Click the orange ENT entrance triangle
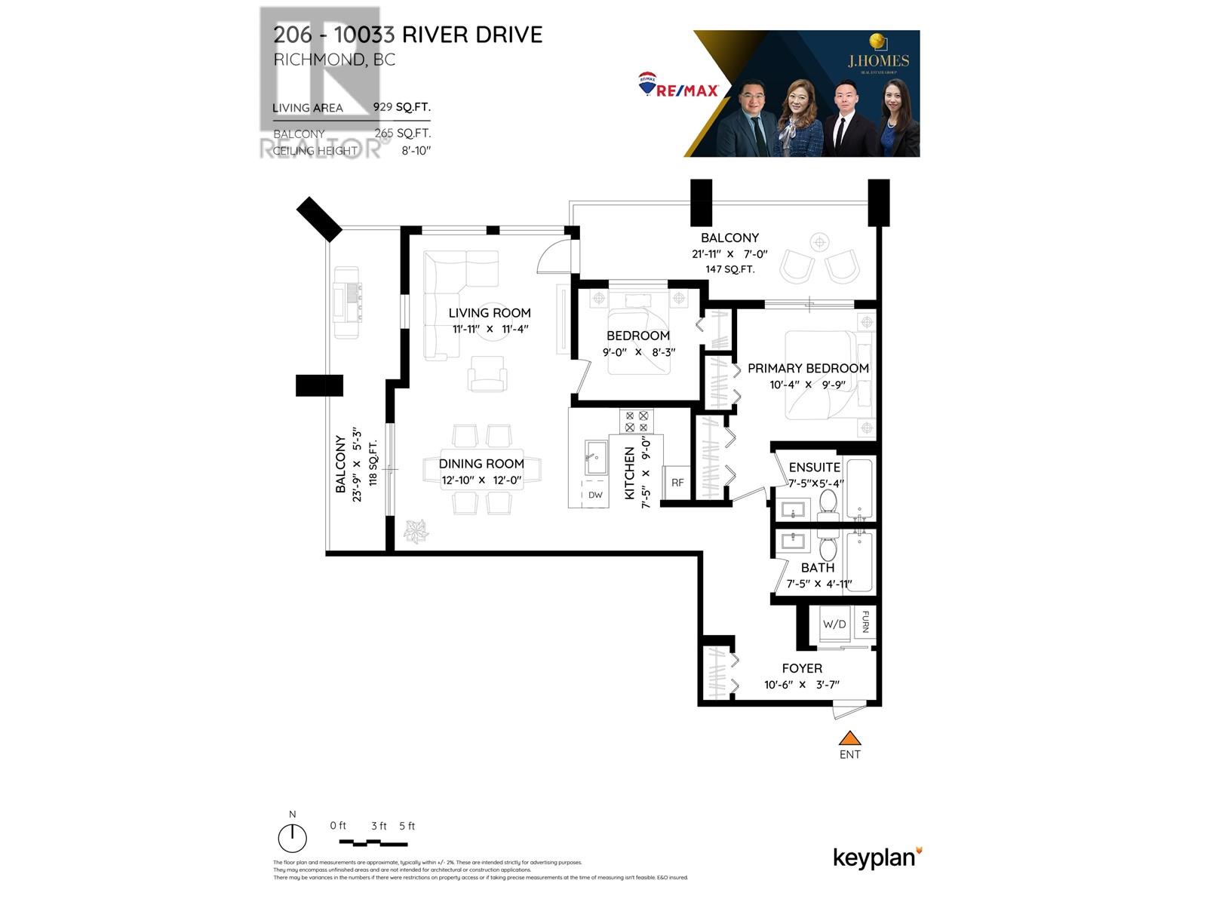[x=850, y=738]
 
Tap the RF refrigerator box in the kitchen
[x=677, y=483]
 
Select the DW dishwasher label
[x=595, y=495]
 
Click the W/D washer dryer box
[x=834, y=624]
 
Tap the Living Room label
[x=490, y=312]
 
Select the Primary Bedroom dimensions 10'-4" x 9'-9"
[x=807, y=385]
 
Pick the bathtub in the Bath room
[x=858, y=562]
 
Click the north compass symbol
[x=293, y=838]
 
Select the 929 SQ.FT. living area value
[x=401, y=107]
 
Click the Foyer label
[x=802, y=668]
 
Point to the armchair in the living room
[x=487, y=375]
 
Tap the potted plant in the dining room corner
[x=416, y=532]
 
